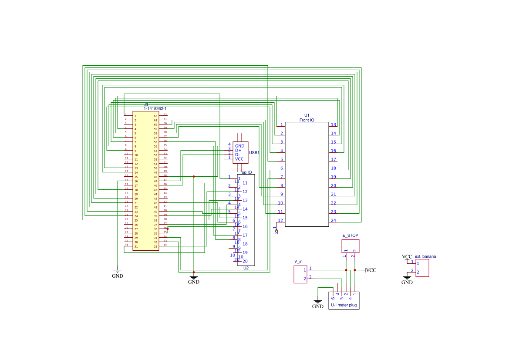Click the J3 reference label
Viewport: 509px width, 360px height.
(x=146, y=105)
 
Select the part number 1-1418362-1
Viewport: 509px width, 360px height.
(x=155, y=108)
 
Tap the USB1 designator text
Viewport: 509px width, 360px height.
(x=254, y=153)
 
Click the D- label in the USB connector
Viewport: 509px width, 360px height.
(x=237, y=155)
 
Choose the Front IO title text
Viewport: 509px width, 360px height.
(x=307, y=120)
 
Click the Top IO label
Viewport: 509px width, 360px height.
(x=246, y=172)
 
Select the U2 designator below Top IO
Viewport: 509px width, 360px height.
(x=246, y=268)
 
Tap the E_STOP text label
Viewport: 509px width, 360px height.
(x=350, y=235)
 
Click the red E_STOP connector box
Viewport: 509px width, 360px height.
(x=350, y=246)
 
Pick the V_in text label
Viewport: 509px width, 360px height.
(x=298, y=262)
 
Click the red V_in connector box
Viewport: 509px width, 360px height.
(x=300, y=274)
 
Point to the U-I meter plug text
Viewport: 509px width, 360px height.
(x=344, y=305)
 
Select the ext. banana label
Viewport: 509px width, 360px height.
(x=425, y=256)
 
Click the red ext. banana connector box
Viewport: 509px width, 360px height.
(x=422, y=268)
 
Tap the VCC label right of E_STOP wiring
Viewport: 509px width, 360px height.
(x=371, y=270)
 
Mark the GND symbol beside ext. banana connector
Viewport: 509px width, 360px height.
(x=407, y=279)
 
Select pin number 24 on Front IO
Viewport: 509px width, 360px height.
(x=334, y=220)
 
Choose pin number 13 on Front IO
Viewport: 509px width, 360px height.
(x=334, y=124)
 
